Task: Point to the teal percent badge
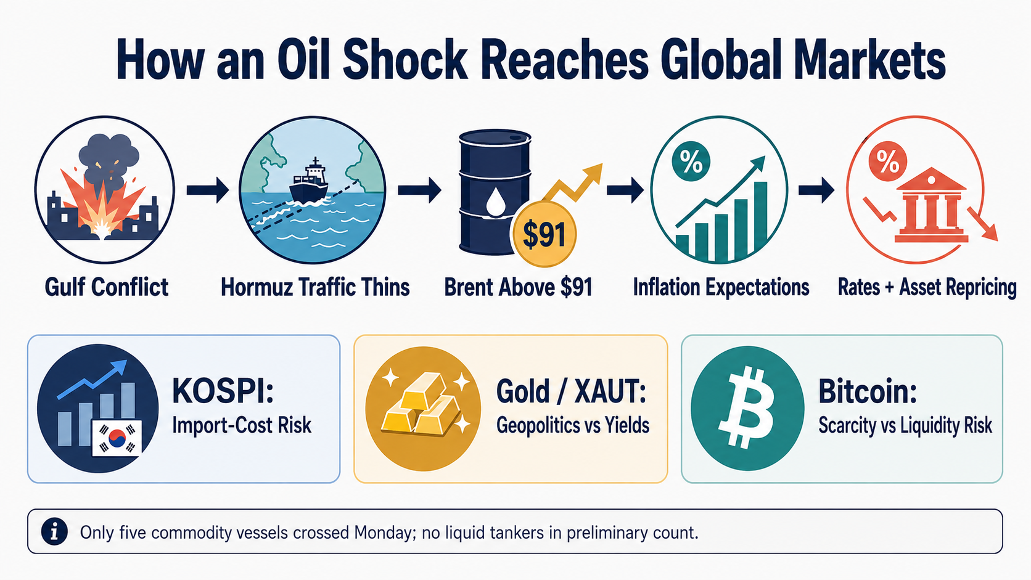tap(691, 161)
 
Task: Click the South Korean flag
tap(117, 438)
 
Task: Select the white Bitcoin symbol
tap(746, 407)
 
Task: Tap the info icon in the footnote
tap(54, 532)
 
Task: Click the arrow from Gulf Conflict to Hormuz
tap(208, 189)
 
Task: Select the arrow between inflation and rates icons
tap(816, 189)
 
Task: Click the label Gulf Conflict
tap(106, 287)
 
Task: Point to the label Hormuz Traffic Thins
tap(315, 287)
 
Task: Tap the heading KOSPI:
tap(223, 391)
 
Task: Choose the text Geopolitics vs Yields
tap(573, 425)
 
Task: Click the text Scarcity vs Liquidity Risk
tap(905, 425)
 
